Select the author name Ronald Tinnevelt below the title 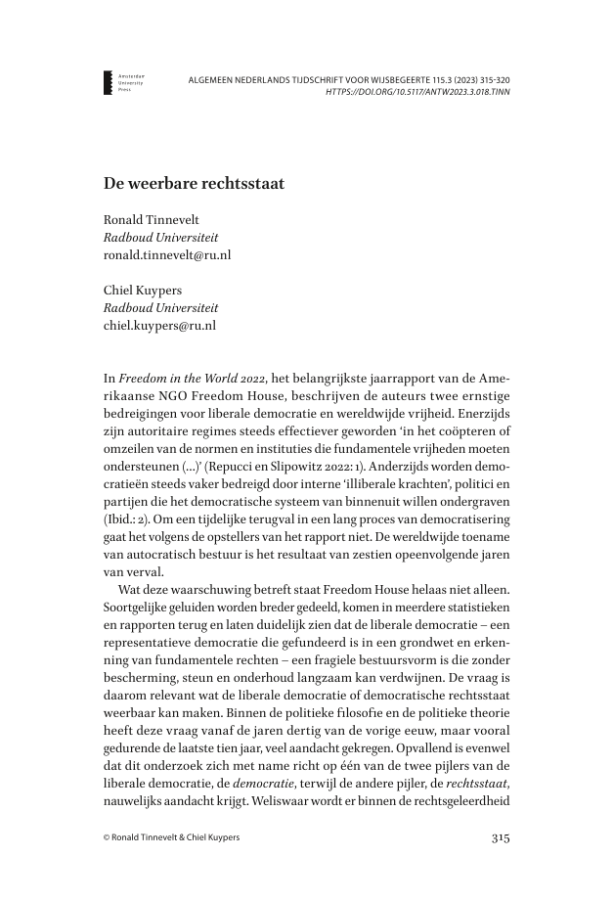click(x=153, y=220)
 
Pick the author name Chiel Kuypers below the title click(x=143, y=290)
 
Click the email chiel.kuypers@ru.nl click(x=159, y=325)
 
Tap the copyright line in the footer click(x=175, y=837)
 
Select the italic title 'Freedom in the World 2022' click(x=185, y=378)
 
